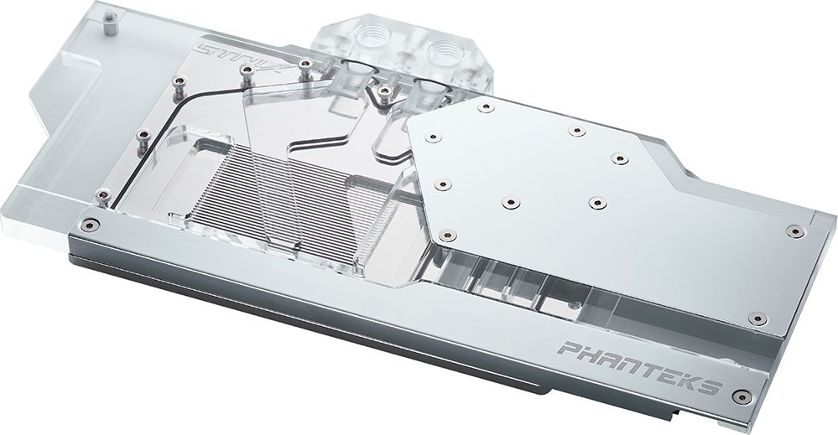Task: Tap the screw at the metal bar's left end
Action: click(x=91, y=224)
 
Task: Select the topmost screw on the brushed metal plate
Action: click(x=484, y=106)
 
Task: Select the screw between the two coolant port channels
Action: click(x=383, y=89)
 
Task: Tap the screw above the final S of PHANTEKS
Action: click(x=758, y=318)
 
